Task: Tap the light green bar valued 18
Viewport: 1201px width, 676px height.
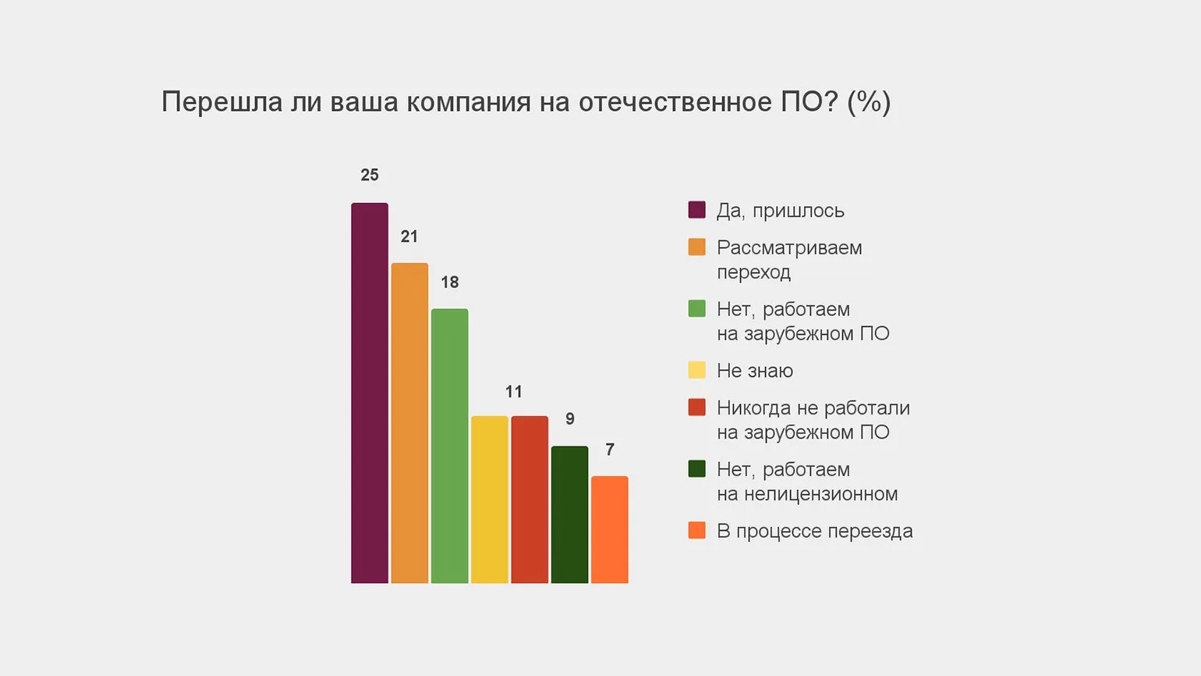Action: click(x=449, y=446)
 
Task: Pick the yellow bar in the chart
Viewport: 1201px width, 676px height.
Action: click(x=490, y=500)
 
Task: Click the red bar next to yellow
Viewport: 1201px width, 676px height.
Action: click(x=530, y=500)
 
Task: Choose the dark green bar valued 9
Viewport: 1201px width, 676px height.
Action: click(x=569, y=514)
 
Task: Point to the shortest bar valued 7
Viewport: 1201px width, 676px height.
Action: click(x=610, y=529)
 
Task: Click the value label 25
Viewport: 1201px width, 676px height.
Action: click(x=370, y=176)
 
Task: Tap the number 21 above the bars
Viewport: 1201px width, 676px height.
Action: click(x=409, y=237)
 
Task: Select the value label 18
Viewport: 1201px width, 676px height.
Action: click(x=449, y=283)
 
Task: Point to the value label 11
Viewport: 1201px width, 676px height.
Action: click(x=513, y=392)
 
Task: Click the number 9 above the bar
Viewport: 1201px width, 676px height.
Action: click(x=570, y=419)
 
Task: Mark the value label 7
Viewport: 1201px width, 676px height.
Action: click(x=610, y=450)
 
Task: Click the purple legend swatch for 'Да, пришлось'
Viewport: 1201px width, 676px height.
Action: click(x=696, y=210)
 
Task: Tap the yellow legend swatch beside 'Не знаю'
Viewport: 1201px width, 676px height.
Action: click(x=696, y=370)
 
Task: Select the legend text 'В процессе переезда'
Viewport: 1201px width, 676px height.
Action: click(x=814, y=531)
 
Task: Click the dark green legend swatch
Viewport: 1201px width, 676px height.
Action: click(x=696, y=468)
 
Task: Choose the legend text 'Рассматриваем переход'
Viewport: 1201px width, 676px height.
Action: click(x=788, y=259)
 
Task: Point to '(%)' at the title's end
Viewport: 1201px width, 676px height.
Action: click(x=869, y=102)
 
